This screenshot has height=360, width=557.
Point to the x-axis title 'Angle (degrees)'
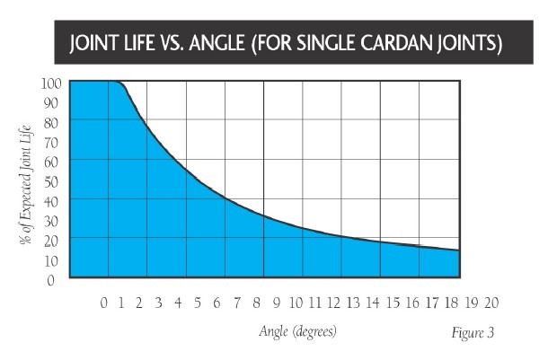(x=297, y=331)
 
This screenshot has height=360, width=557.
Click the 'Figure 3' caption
(x=472, y=332)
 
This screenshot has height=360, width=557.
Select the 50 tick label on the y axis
(x=52, y=181)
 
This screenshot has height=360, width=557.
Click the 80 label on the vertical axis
(x=52, y=122)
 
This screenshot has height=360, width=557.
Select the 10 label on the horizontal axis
(x=297, y=303)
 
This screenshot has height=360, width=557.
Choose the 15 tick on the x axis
(x=393, y=303)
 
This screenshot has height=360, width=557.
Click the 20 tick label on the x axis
(x=490, y=303)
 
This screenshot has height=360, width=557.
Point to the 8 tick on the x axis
(x=257, y=303)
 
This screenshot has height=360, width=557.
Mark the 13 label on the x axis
(x=354, y=303)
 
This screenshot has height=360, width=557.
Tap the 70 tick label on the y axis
(x=52, y=142)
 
